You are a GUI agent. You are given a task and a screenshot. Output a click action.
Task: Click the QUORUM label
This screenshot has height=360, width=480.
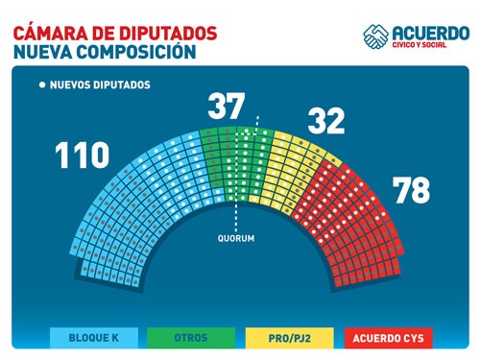235,237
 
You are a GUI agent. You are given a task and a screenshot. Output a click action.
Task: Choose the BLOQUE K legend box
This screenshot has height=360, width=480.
94,337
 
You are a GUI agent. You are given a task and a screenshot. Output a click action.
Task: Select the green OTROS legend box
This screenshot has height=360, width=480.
190,337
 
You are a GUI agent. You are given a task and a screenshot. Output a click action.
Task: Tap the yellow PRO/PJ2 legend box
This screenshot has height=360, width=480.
287,337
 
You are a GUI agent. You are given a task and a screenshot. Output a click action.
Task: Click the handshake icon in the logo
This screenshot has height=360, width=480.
375,36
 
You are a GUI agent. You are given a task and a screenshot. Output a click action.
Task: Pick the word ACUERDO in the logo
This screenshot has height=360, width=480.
430,32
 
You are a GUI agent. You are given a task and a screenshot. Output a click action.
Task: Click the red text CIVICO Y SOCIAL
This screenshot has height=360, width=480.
431,46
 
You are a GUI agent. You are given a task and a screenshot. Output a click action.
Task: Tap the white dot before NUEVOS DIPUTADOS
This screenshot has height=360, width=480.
41,84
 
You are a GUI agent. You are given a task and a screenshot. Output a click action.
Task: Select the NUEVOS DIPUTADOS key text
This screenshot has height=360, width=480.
99,84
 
